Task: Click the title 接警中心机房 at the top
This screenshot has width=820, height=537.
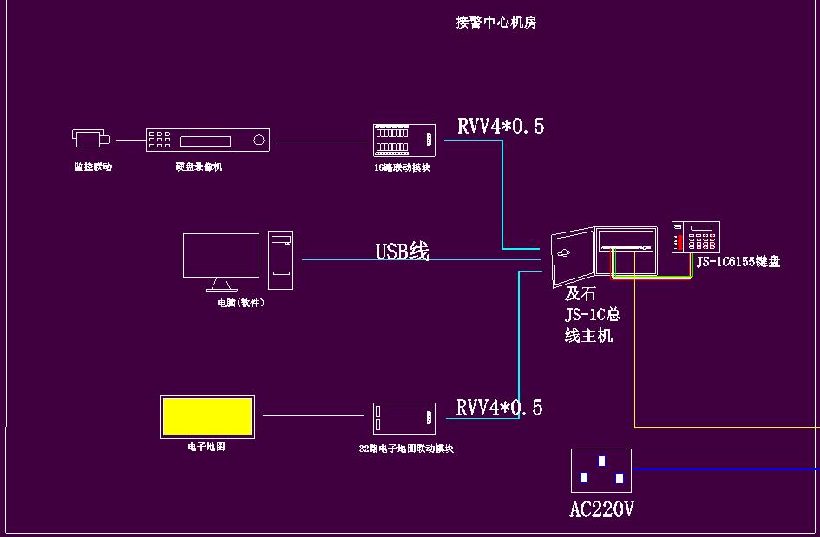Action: click(x=496, y=23)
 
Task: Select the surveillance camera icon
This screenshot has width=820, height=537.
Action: click(x=90, y=138)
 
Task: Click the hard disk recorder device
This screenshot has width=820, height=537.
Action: click(x=207, y=141)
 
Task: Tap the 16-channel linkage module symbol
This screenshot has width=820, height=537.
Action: click(x=403, y=140)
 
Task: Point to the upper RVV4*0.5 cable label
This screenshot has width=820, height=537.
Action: click(x=501, y=127)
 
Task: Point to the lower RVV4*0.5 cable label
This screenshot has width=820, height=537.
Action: click(x=500, y=408)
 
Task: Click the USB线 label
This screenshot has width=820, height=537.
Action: click(x=402, y=252)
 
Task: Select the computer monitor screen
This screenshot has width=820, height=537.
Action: click(x=221, y=255)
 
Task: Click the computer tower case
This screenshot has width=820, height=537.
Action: click(x=280, y=260)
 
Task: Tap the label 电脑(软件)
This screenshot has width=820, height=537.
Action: click(x=240, y=303)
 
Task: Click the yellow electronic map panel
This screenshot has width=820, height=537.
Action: click(x=207, y=416)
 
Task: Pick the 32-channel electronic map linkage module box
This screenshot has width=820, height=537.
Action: click(x=404, y=418)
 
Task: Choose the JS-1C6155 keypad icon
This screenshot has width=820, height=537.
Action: click(x=696, y=237)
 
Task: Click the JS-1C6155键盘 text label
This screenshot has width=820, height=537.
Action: click(x=738, y=261)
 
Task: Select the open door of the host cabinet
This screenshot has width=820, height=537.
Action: click(x=573, y=257)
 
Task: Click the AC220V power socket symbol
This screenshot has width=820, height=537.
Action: click(x=600, y=471)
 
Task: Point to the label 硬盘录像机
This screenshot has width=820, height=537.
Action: click(x=199, y=167)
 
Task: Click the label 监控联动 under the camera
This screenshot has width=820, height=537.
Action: click(x=93, y=167)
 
